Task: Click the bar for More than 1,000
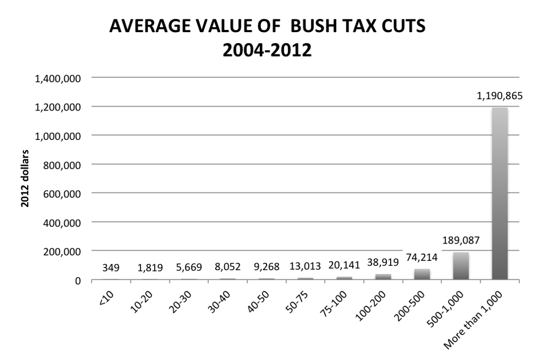click(500, 193)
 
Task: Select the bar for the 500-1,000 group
click(461, 266)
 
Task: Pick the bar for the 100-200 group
click(383, 277)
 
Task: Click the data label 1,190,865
click(499, 96)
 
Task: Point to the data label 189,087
click(461, 241)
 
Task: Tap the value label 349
click(111, 267)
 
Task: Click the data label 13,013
click(305, 267)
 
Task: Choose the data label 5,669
click(189, 267)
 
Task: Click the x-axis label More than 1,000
click(474, 321)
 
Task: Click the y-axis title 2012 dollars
click(25, 179)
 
